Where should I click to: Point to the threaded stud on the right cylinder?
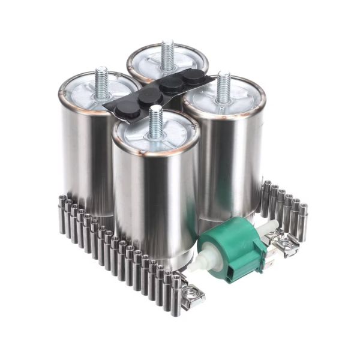click(223, 87)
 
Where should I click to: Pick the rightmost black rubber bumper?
click(193, 77)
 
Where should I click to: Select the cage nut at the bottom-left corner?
click(193, 296)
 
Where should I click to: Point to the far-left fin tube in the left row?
click(62, 216)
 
